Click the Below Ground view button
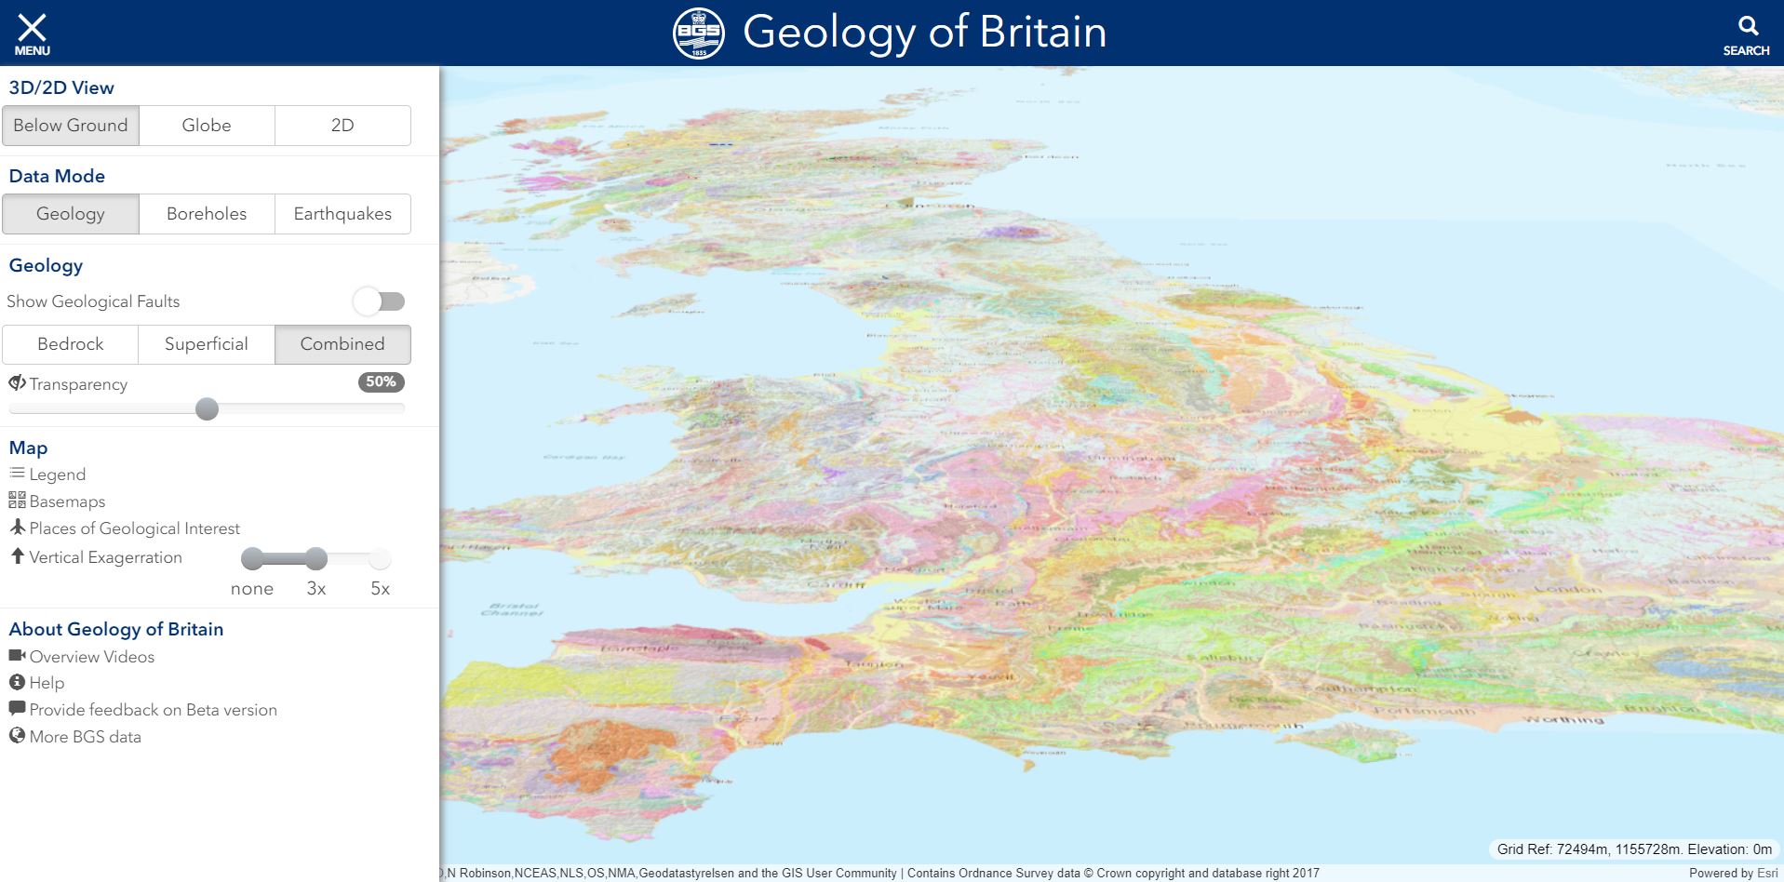point(71,126)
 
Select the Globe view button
point(207,126)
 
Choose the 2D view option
point(342,126)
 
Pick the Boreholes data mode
point(207,214)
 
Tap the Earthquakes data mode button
point(342,214)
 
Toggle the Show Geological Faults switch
point(380,301)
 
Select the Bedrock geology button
point(71,344)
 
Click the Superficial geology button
point(207,344)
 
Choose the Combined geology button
point(342,344)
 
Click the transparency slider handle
point(208,409)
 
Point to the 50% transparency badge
point(381,381)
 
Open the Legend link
point(57,474)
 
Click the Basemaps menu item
point(67,501)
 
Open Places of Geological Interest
point(134,528)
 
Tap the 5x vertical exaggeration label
point(380,588)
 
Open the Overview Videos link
point(91,657)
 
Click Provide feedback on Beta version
point(153,710)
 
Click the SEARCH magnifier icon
point(1747,26)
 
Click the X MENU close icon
point(32,28)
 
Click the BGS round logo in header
point(698,33)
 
